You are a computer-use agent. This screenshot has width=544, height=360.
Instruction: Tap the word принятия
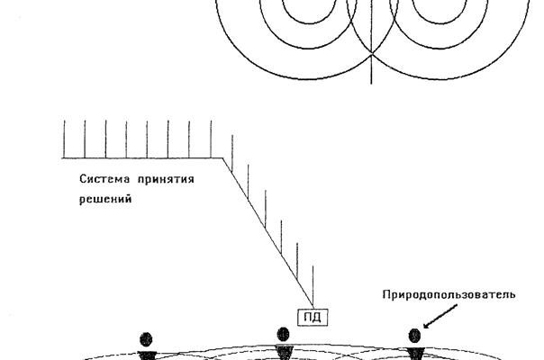click(166, 180)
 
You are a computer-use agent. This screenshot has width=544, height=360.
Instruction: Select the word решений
click(105, 200)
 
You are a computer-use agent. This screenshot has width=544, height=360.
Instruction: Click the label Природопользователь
click(449, 295)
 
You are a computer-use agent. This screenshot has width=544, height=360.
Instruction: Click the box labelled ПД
click(313, 318)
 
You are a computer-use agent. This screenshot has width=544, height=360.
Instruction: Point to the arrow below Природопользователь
click(440, 316)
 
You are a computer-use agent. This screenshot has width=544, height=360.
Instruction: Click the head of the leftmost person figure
click(146, 339)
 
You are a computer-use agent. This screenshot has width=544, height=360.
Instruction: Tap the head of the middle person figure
click(283, 335)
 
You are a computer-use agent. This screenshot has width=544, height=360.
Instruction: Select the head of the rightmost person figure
click(414, 336)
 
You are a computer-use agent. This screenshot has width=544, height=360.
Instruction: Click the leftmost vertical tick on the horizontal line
click(64, 139)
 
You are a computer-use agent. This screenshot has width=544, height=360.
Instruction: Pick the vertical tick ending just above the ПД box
click(313, 286)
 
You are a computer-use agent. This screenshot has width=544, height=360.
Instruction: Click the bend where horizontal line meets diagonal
click(222, 158)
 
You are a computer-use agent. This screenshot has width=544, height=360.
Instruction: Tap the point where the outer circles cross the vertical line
click(372, 54)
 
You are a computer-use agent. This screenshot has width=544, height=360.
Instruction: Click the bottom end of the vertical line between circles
click(372, 84)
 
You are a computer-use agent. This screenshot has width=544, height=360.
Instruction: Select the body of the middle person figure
click(284, 352)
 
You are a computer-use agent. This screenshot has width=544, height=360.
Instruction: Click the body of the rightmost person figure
click(415, 354)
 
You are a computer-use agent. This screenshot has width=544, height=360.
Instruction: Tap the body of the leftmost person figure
click(147, 355)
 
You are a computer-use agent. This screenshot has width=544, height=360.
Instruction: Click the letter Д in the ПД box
click(317, 318)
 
